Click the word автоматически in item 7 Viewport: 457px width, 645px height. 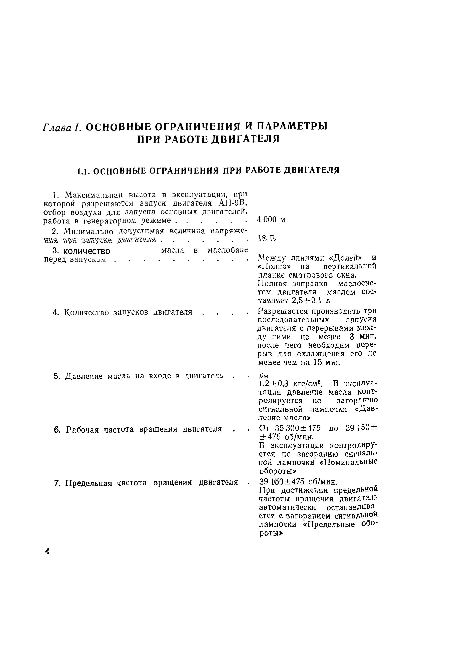click(287, 508)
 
